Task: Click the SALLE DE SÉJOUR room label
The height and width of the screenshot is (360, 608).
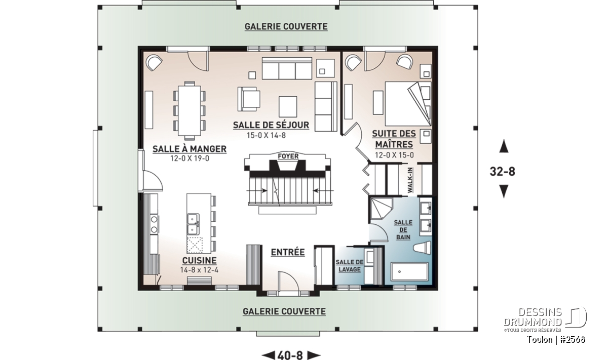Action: [271, 125]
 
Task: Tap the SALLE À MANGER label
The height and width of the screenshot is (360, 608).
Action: [189, 149]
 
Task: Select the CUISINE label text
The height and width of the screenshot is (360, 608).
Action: [200, 260]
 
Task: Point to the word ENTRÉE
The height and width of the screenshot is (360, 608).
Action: [288, 252]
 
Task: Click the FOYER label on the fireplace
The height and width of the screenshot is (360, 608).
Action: [288, 156]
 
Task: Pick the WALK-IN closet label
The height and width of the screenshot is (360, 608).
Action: [410, 180]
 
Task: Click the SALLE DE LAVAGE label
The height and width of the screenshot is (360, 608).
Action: [349, 266]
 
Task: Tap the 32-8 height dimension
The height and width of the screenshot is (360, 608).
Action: [502, 172]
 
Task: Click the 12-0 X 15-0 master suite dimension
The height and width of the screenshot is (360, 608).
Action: [394, 155]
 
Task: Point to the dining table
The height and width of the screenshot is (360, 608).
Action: [189, 111]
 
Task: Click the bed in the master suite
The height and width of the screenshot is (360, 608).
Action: [408, 104]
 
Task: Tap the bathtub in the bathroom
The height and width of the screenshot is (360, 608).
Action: [409, 271]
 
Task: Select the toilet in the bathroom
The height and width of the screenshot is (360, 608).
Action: [422, 248]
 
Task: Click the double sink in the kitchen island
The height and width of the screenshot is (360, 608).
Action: [193, 224]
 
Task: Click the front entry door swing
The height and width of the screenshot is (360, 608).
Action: [288, 281]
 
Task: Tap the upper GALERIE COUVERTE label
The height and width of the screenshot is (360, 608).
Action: [286, 27]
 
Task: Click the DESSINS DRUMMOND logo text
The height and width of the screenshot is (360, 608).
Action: [533, 317]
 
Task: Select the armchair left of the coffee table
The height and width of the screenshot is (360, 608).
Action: [249, 99]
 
